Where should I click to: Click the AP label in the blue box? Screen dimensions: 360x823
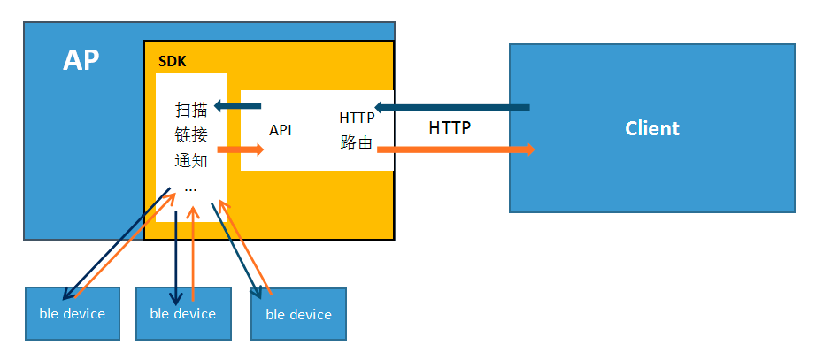click(x=81, y=60)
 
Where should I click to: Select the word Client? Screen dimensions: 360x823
click(x=651, y=128)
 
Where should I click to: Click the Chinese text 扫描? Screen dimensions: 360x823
click(x=191, y=110)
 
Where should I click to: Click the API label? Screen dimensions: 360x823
click(x=281, y=130)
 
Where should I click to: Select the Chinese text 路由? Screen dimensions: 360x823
click(x=356, y=142)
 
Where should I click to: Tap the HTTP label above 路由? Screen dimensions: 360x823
click(x=357, y=118)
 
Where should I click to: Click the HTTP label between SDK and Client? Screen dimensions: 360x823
click(x=450, y=127)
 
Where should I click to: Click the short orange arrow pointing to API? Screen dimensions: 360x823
click(x=241, y=149)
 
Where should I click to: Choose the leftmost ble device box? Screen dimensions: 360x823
click(x=73, y=313)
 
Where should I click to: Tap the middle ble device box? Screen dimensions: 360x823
click(x=183, y=313)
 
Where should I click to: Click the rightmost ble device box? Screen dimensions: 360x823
click(x=298, y=314)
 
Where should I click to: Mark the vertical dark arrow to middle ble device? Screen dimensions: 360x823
click(x=176, y=257)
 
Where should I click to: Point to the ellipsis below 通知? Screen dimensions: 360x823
click(x=191, y=188)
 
